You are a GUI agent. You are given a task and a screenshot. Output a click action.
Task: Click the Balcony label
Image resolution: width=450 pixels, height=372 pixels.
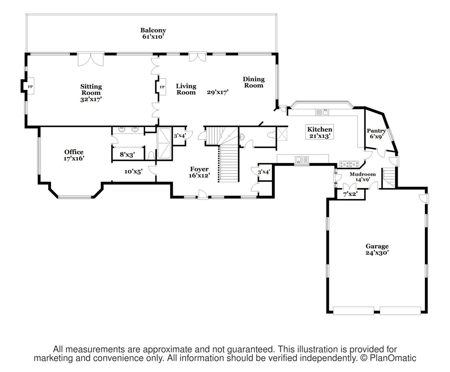[x=153, y=30]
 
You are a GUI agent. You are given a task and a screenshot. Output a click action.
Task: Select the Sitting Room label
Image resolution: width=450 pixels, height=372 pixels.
[x=91, y=90]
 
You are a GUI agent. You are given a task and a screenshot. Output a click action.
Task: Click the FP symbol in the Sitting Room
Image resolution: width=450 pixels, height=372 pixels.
[x=30, y=86]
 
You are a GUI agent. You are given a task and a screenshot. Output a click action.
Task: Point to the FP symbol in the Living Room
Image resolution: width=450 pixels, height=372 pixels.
[x=162, y=87]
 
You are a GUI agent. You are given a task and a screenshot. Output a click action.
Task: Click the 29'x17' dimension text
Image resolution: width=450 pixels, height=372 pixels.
[x=218, y=92]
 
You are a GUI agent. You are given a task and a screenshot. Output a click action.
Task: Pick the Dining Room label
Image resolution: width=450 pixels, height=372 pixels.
[x=254, y=82]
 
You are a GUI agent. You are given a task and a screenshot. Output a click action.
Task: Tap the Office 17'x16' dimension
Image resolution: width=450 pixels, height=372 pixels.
[x=74, y=158]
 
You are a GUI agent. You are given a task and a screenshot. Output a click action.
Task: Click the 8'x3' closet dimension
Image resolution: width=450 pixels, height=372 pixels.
[x=127, y=155]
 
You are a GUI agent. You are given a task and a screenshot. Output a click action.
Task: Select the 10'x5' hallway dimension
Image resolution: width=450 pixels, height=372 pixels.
[x=134, y=172]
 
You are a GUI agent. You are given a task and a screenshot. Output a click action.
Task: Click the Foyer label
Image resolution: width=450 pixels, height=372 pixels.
[x=199, y=169]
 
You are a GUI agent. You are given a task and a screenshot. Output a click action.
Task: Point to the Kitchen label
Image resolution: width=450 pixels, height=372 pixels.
[x=320, y=130]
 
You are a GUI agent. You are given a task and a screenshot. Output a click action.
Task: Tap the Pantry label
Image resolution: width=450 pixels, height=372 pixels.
[x=376, y=131]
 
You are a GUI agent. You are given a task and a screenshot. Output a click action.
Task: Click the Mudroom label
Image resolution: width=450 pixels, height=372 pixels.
[x=363, y=174]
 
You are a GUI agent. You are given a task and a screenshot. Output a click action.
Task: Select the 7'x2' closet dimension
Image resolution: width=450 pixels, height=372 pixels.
[x=350, y=194]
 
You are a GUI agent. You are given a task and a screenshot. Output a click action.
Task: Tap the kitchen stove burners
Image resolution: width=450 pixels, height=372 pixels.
[x=349, y=164]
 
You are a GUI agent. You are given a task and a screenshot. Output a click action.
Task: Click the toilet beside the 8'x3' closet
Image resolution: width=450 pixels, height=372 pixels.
[x=152, y=155]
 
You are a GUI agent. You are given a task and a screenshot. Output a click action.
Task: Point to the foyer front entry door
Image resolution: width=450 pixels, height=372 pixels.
[x=203, y=195]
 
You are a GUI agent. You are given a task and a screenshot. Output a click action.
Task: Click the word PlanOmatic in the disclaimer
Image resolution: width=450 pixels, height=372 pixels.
[x=393, y=358]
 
